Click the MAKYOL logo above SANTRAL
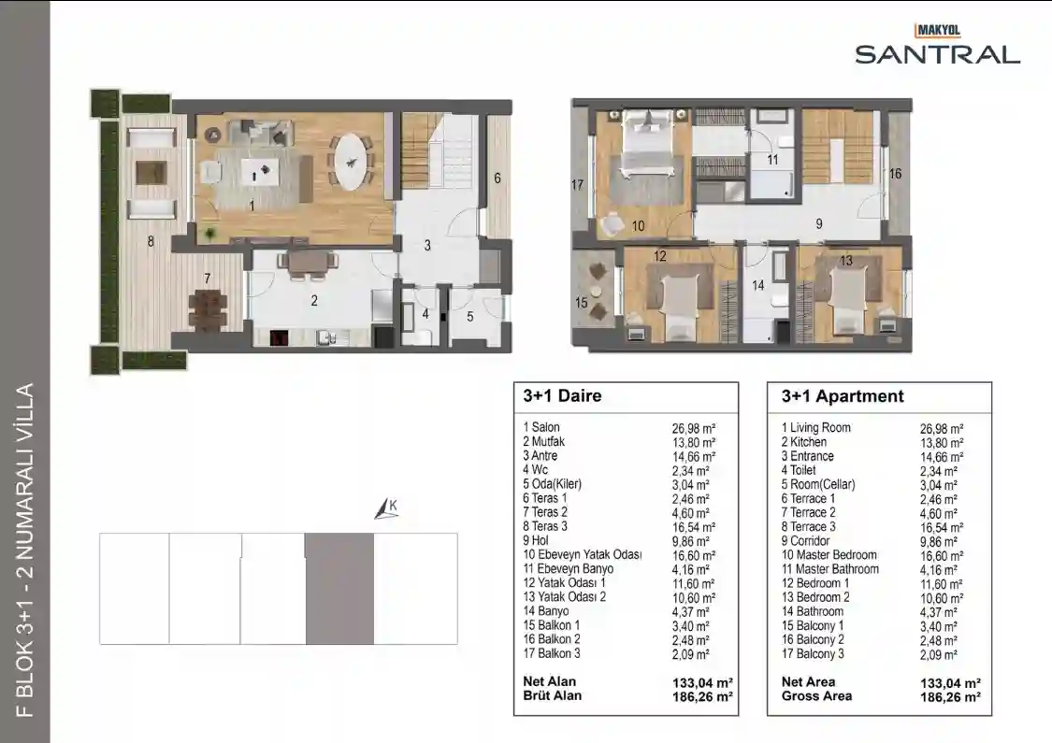click(938, 31)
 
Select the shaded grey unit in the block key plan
click(339, 589)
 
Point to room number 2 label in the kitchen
click(314, 301)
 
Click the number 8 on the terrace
click(151, 241)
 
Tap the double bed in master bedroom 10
click(645, 145)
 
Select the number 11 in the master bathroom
click(773, 160)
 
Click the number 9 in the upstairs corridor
click(819, 224)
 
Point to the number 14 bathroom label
click(758, 285)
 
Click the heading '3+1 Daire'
click(562, 395)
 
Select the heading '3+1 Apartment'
click(843, 396)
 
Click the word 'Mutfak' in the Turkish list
click(548, 441)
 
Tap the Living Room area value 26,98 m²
click(942, 428)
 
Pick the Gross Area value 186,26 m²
click(951, 697)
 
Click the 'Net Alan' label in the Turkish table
click(550, 681)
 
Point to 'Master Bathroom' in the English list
click(837, 568)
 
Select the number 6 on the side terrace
click(497, 178)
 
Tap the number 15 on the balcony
click(582, 303)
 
